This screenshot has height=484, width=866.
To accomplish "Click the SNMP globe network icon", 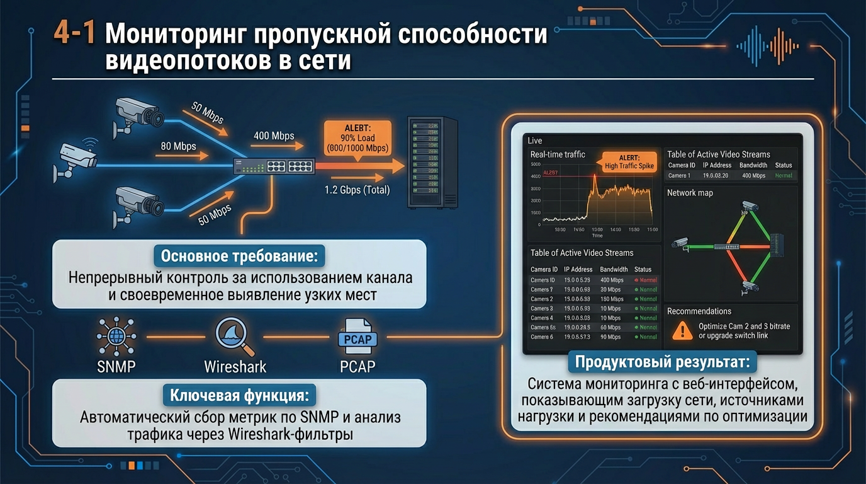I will (116, 337).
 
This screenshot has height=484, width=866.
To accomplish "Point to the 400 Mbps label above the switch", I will (274, 135).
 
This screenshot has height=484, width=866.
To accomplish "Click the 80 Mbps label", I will (178, 146).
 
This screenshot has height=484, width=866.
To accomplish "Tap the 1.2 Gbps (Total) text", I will (357, 190).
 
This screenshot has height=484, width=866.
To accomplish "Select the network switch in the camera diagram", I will (274, 166).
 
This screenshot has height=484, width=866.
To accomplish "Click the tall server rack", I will (432, 162).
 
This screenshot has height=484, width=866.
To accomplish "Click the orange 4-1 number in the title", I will (74, 34).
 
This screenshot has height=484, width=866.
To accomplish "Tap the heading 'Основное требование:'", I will (239, 256).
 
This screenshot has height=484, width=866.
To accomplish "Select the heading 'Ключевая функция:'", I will (239, 396).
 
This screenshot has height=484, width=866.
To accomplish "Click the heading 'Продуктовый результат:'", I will (662, 363).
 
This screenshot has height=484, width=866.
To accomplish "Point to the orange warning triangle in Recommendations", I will (682, 330).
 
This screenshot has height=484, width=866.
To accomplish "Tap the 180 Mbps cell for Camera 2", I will (612, 299).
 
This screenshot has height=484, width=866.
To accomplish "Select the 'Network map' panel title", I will (690, 193).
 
